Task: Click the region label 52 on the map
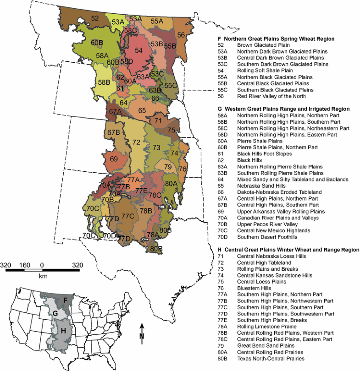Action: pyautogui.click(x=95, y=18)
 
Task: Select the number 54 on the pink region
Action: pyautogui.click(x=138, y=50)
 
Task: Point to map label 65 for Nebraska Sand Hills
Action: pyautogui.click(x=142, y=110)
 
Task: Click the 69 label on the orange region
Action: pyautogui.click(x=114, y=159)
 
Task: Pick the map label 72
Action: pyautogui.click(x=136, y=142)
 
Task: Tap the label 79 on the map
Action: pyautogui.click(x=168, y=166)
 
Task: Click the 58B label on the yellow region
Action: pyautogui.click(x=104, y=82)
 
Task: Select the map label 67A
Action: pyautogui.click(x=115, y=111)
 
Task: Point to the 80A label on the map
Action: pyautogui.click(x=171, y=183)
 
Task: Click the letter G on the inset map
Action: pyautogui.click(x=55, y=313)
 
